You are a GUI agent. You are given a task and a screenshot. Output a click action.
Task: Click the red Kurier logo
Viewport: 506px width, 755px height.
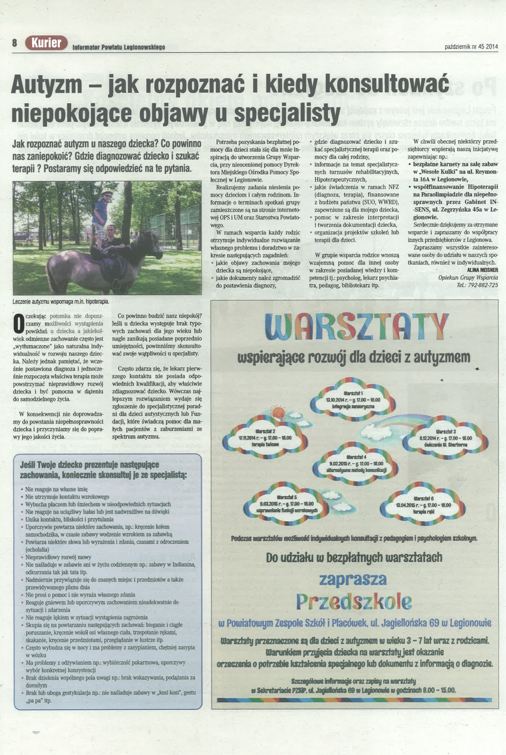46,43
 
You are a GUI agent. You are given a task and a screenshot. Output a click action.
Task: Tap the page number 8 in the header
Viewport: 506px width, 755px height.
14,43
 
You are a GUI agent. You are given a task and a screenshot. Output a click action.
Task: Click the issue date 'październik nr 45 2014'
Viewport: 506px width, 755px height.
471,47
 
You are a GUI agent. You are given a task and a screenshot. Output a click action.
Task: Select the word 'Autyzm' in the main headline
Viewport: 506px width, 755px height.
47,85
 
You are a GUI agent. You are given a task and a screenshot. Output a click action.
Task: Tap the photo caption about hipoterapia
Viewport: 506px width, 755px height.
61,301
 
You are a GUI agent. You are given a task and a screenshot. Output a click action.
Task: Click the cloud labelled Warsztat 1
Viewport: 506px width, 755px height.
353,400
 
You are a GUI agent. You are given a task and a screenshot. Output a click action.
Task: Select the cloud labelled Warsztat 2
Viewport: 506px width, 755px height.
265,438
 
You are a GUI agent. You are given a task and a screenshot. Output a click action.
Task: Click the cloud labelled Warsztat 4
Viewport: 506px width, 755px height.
356,464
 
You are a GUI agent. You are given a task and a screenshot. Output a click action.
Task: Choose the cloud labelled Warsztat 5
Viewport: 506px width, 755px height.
287,504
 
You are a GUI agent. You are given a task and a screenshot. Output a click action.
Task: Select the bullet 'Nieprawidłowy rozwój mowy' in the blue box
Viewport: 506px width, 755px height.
58,557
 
